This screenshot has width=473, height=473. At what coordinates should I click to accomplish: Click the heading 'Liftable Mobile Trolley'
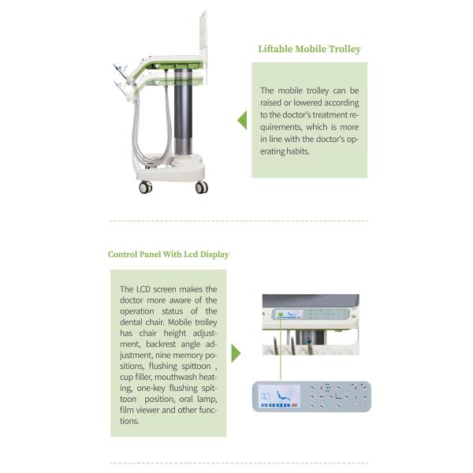point(309,49)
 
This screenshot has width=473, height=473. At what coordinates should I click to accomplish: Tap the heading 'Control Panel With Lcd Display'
point(169,255)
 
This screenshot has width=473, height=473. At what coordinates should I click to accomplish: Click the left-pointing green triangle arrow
point(242,121)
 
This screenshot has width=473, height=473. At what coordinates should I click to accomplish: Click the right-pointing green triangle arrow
point(235,352)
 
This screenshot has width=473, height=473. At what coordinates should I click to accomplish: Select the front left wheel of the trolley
point(145,187)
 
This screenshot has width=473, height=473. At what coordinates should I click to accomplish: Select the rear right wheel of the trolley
point(201,187)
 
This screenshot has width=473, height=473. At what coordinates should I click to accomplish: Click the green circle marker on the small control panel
point(280,314)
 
